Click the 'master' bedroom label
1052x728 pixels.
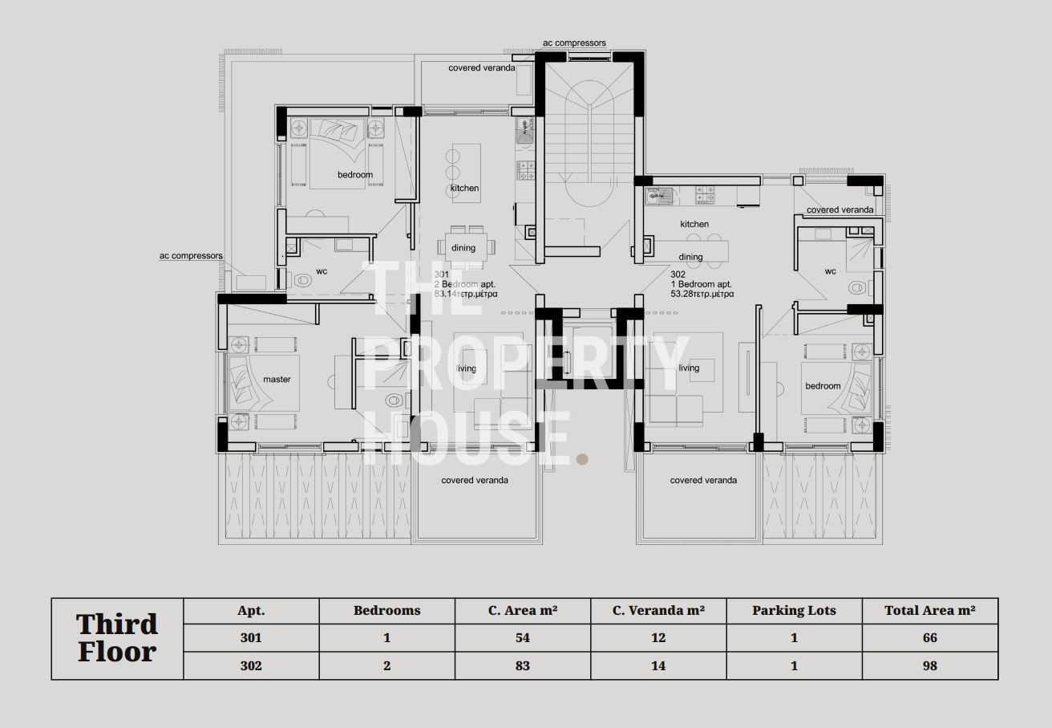tap(277, 380)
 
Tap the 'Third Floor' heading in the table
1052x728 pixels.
tap(117, 638)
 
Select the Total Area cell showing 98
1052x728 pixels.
tap(929, 665)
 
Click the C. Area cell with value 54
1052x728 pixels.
tap(522, 638)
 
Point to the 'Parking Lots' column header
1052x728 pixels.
tap(794, 611)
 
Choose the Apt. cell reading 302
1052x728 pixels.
tap(251, 665)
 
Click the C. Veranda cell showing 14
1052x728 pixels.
tap(658, 665)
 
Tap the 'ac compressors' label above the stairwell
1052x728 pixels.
tap(574, 43)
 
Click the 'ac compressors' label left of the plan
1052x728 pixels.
tap(191, 256)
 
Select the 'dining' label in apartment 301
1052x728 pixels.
tap(463, 248)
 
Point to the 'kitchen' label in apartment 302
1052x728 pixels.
tap(694, 224)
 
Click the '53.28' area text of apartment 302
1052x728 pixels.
tap(682, 294)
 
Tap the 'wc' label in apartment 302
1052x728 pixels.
tap(830, 271)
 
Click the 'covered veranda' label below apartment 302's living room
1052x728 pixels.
tap(703, 480)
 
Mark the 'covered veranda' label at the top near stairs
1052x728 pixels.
tap(481, 67)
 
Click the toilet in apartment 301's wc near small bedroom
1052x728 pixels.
tap(302, 281)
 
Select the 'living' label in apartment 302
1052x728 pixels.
tap(689, 368)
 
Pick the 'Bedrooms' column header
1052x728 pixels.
tap(386, 611)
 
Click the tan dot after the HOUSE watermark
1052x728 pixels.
tap(582, 459)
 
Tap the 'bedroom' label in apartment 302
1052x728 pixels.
tap(823, 386)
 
